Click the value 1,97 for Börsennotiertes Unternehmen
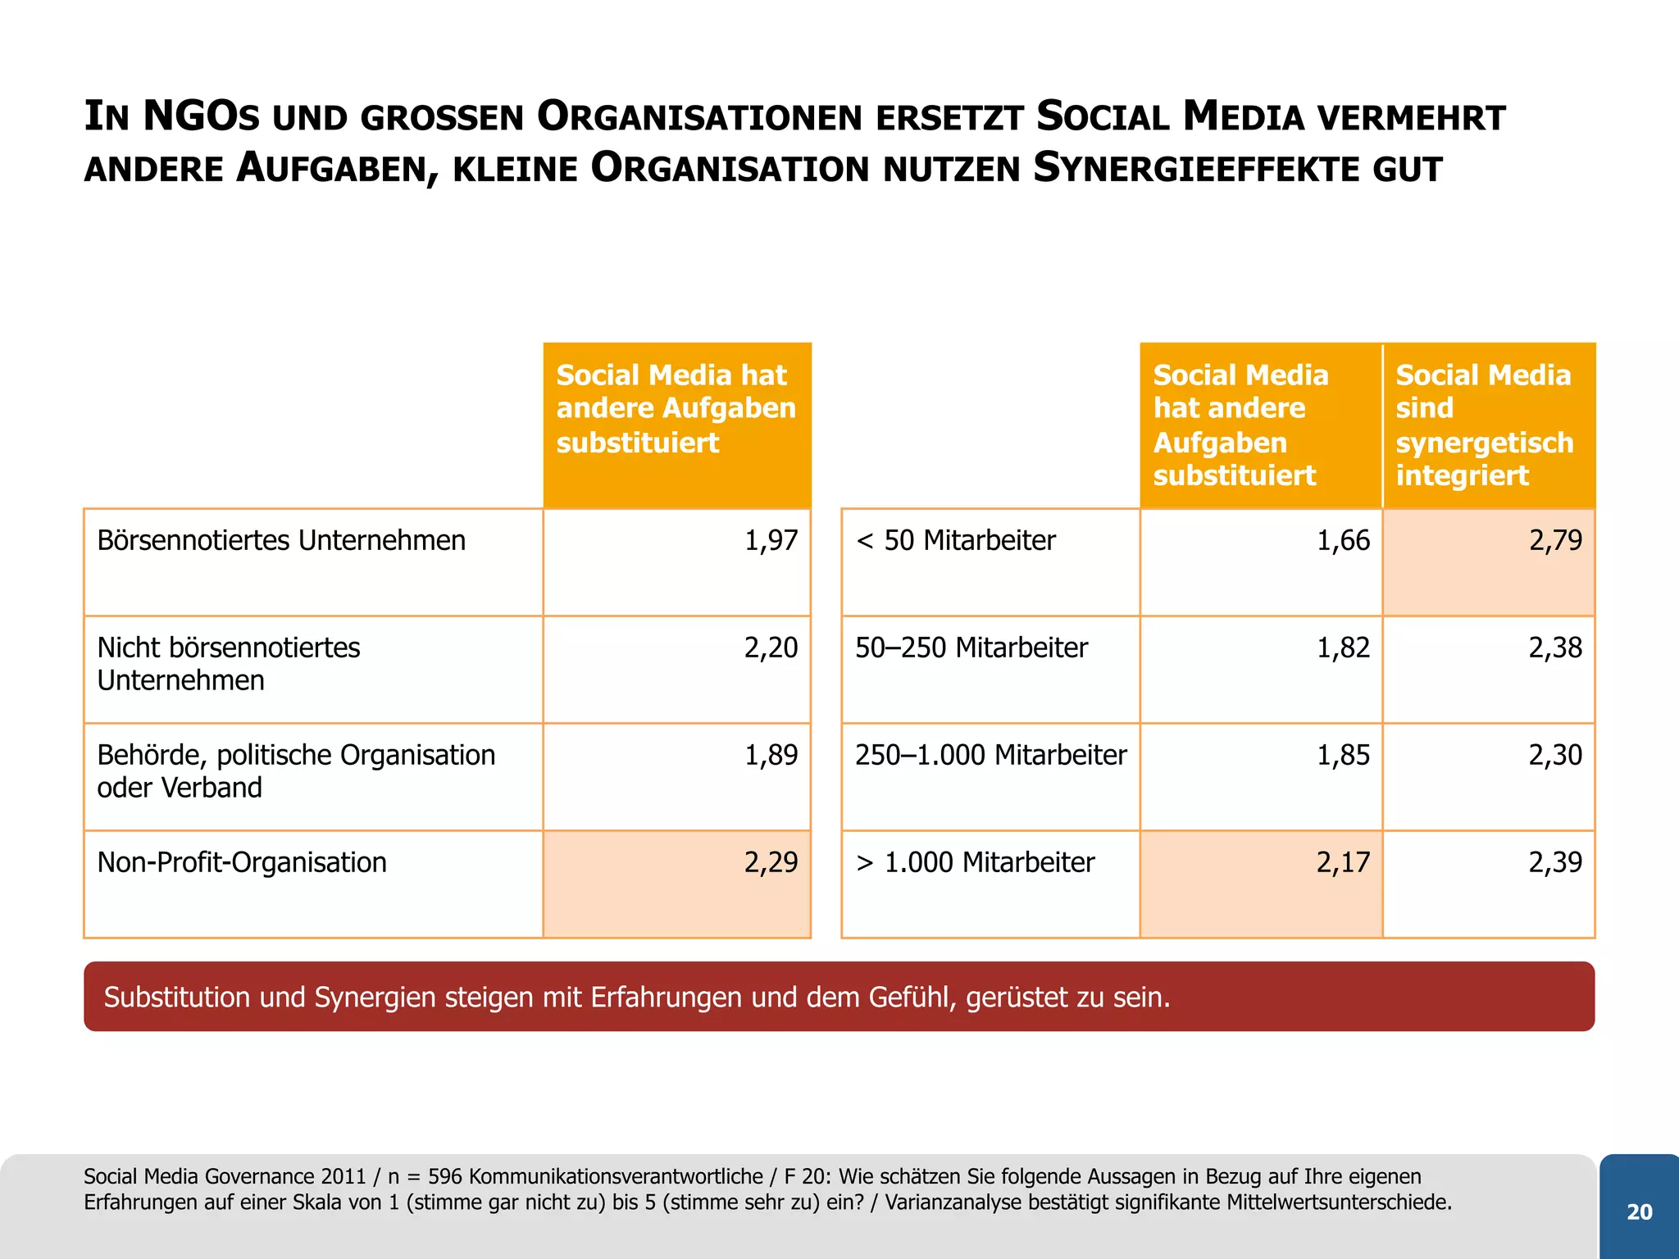tap(771, 541)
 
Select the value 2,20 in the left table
tap(771, 648)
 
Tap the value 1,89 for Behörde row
tap(771, 756)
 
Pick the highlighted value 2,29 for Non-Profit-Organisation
tap(771, 863)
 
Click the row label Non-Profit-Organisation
tap(242, 863)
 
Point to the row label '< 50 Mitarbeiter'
tap(955, 541)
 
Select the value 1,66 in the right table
tap(1343, 541)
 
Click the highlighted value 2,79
tap(1555, 541)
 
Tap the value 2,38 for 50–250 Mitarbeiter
tap(1555, 648)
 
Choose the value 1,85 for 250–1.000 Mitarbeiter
tap(1343, 756)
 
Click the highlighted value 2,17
tap(1343, 863)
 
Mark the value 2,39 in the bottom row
tap(1555, 863)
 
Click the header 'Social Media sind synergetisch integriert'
tap(1484, 425)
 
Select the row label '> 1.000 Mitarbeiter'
tap(975, 863)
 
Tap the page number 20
tap(1639, 1212)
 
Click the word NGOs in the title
tap(201, 117)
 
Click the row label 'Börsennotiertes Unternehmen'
tap(281, 541)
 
